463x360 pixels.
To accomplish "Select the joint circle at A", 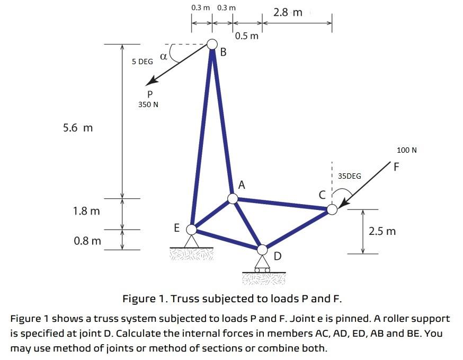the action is coord(233,198).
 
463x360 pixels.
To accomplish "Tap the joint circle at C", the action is coord(332,209).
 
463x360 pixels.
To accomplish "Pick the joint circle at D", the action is coord(263,249).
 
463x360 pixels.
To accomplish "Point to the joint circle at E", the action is coord(191,230).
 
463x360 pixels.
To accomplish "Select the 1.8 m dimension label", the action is coord(86,211).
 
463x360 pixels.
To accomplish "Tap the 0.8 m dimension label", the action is coord(87,241).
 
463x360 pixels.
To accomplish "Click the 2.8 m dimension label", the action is coord(288,12).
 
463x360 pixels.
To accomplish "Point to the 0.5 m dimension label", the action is coord(247,36).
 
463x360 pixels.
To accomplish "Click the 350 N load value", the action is coord(148,104).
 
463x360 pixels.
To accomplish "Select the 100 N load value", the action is coord(407,150).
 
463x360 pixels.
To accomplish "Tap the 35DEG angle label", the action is coord(350,176).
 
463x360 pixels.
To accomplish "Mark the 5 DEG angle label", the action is coord(143,62).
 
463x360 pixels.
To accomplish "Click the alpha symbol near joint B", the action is coord(163,55).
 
